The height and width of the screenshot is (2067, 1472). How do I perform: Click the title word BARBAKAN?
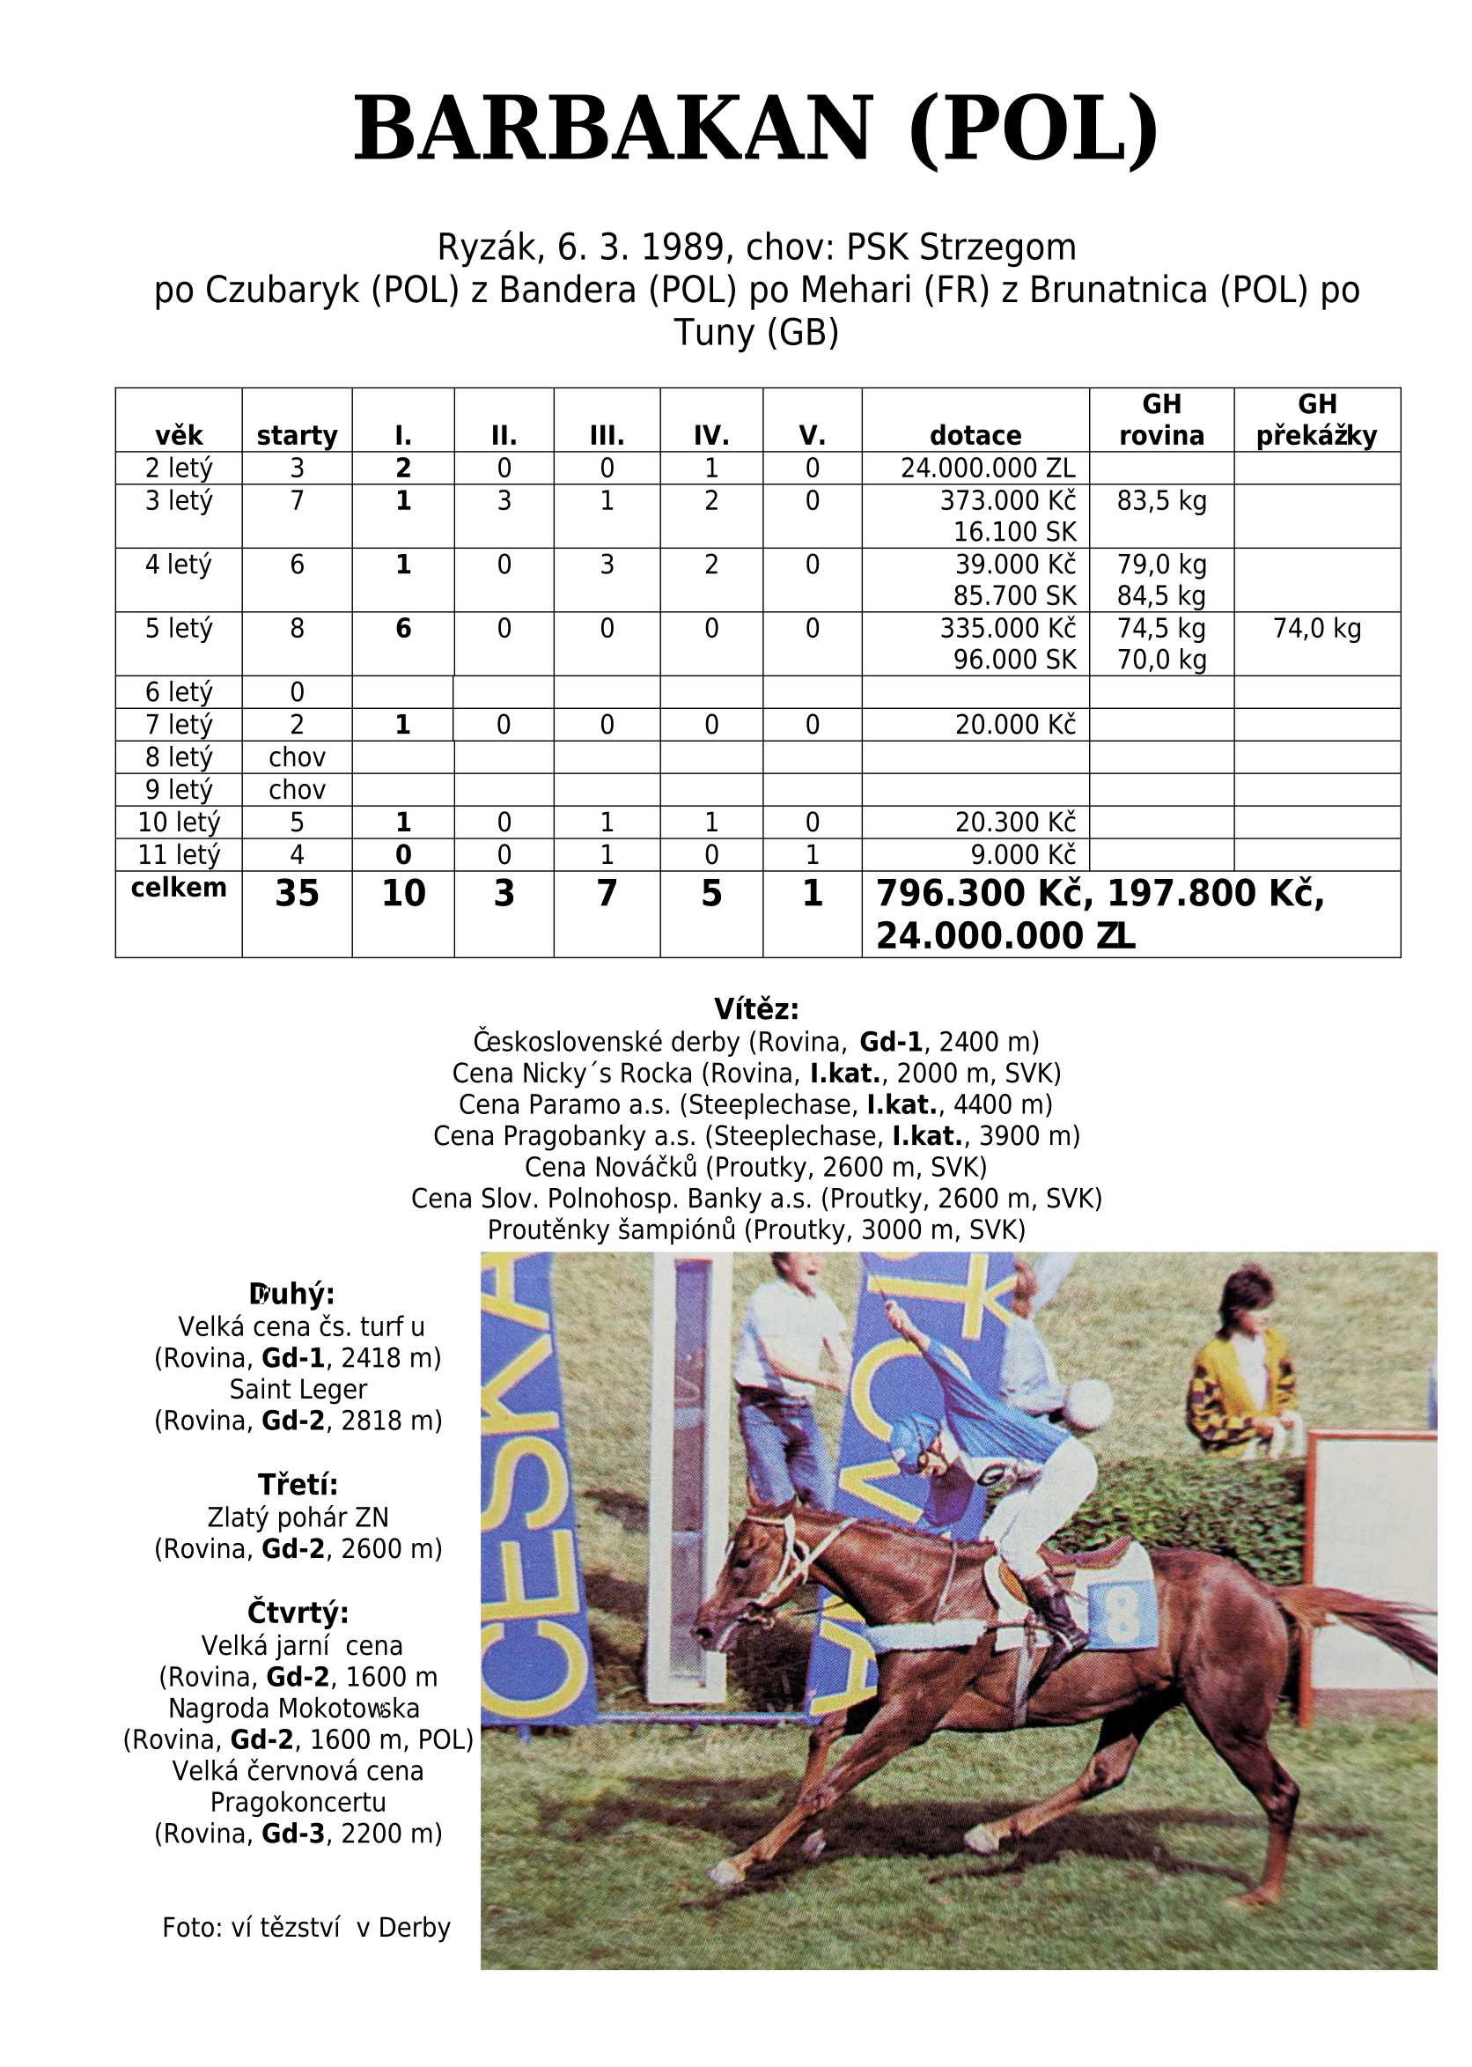pos(613,128)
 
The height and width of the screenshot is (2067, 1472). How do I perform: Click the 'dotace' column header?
pos(975,436)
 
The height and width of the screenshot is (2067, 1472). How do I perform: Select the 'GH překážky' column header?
pos(1316,420)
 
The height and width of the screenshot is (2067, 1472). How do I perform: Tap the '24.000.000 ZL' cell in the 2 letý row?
pos(987,469)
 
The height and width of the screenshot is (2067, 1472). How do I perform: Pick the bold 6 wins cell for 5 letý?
pos(403,628)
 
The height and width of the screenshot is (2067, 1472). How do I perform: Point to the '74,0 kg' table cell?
pos(1316,628)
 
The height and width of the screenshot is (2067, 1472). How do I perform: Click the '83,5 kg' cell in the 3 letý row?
pos(1161,500)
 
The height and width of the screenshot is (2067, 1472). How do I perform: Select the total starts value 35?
pos(297,894)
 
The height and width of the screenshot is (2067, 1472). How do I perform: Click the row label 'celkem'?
pos(179,888)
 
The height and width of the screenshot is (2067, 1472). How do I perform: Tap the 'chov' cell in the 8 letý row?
pos(297,757)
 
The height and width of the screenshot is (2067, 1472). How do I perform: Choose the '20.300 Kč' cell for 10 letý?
pos(1014,823)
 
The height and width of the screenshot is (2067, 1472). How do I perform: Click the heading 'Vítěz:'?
pos(756,1009)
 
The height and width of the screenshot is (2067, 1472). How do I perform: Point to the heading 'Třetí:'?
pos(298,1484)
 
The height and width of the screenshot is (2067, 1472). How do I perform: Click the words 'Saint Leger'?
pos(298,1389)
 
